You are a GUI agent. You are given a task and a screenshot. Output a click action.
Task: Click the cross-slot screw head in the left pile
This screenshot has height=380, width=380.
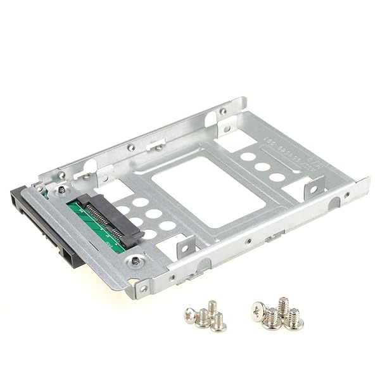point(191,314)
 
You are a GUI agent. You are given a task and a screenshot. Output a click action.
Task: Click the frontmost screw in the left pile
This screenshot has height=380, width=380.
point(218,323)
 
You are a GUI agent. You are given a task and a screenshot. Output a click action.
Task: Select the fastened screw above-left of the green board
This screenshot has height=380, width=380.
point(61,189)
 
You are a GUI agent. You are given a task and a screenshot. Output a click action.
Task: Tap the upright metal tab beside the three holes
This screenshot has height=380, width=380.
point(313,188)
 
